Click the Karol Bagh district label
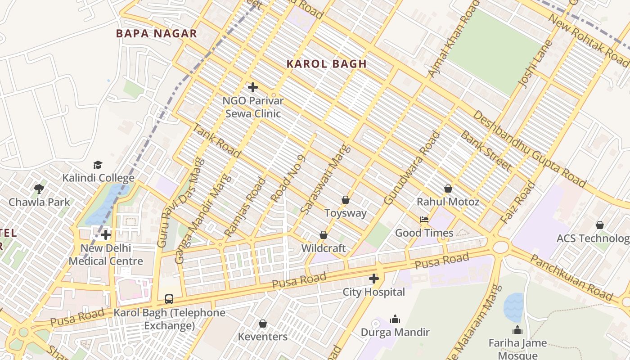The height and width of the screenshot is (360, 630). pos(326,64)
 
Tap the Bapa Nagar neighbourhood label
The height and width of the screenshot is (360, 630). pos(156,33)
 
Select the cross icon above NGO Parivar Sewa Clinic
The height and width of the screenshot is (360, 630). pos(253,87)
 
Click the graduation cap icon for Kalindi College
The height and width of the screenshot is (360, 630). pos(98,165)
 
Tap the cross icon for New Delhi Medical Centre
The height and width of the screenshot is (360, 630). pos(106,235)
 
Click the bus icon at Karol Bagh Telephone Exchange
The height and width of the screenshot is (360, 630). pos(169,299)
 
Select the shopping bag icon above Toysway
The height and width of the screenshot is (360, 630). pos(346,200)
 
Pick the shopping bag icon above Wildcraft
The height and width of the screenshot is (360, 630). pos(323,235)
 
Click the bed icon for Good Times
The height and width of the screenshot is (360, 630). pos(424,220)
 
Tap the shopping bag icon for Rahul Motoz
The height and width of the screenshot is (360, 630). pos(448,189)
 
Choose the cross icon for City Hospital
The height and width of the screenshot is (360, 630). pos(373,279)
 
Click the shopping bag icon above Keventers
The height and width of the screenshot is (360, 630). pos(263,324)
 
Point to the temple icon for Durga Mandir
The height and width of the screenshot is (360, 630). pos(395,319)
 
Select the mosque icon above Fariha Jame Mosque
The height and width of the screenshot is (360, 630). pos(517,330)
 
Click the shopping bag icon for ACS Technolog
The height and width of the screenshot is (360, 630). pos(599,225)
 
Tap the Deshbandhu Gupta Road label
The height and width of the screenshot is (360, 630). pos(529,148)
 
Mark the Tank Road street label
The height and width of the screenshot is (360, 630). pos(216,140)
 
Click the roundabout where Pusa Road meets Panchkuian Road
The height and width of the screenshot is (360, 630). pos(500,247)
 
